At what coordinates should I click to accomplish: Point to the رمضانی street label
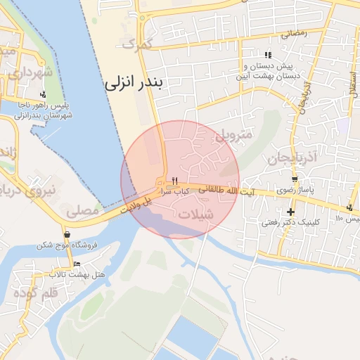(x=294, y=33)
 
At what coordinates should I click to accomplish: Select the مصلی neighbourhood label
(x=83, y=210)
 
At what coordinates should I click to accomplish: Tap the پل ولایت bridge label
(x=136, y=205)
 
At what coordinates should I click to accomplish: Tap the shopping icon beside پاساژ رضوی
(x=293, y=179)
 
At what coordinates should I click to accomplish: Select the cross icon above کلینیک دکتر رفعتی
(x=290, y=212)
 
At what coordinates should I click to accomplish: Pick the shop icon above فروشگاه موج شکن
(x=66, y=234)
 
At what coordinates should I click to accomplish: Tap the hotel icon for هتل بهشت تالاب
(x=77, y=264)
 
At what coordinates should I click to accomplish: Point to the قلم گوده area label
(x=34, y=292)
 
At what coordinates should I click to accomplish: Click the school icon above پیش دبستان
(x=267, y=55)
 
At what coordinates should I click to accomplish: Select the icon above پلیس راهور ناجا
(x=44, y=94)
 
